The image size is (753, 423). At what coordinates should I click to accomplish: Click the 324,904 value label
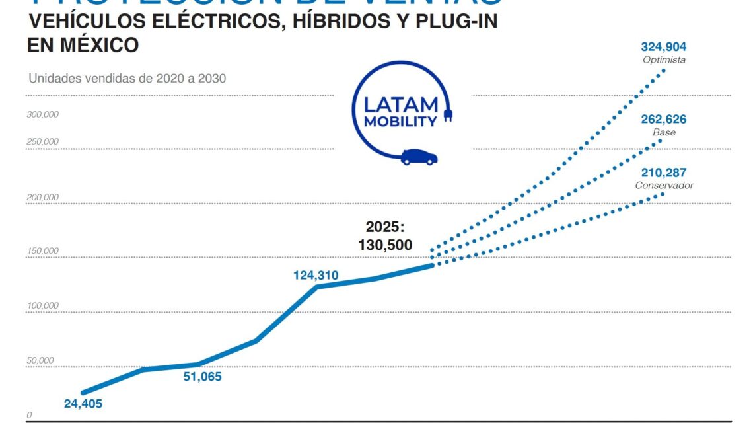pyautogui.click(x=663, y=47)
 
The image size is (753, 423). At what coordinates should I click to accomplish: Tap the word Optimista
pyautogui.click(x=664, y=59)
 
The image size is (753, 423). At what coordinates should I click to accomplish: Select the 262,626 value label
pyautogui.click(x=663, y=120)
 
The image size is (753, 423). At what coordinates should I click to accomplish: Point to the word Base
pyautogui.click(x=664, y=132)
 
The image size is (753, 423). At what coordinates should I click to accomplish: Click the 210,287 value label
pyautogui.click(x=663, y=173)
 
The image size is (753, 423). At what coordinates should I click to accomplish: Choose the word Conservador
pyautogui.click(x=664, y=186)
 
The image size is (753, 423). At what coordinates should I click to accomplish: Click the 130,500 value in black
pyautogui.click(x=385, y=245)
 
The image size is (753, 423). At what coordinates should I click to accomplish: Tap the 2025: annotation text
pyautogui.click(x=385, y=227)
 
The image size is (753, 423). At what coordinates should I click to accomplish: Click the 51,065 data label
pyautogui.click(x=202, y=377)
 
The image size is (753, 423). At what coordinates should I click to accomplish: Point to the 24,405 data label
pyautogui.click(x=83, y=403)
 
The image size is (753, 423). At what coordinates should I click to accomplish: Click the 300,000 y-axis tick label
pyautogui.click(x=43, y=114)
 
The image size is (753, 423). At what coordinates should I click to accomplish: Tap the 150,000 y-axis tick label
pyautogui.click(x=43, y=251)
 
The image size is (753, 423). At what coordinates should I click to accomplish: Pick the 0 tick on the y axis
pyautogui.click(x=29, y=415)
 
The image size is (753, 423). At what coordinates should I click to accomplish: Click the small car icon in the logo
pyautogui.click(x=419, y=157)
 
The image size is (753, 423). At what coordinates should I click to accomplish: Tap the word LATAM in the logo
pyautogui.click(x=401, y=105)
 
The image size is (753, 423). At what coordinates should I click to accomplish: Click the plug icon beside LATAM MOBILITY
pyautogui.click(x=448, y=116)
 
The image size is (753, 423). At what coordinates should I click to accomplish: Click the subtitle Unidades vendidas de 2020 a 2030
pyautogui.click(x=127, y=78)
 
